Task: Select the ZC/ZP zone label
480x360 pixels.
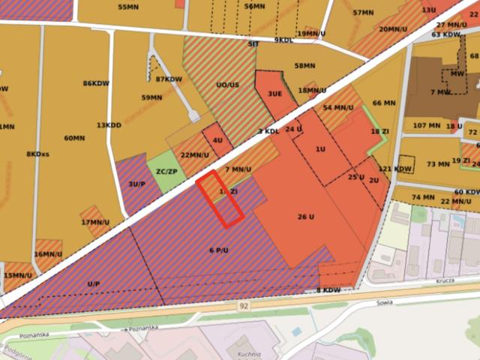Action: [x=166, y=171]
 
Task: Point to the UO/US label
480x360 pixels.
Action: [x=227, y=85]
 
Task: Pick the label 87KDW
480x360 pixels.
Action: [x=169, y=79]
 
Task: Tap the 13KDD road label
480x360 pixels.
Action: [x=109, y=125]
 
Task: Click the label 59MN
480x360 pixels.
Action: [x=151, y=97]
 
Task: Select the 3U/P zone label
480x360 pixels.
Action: [x=136, y=183]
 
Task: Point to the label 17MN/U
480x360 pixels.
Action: [x=95, y=222]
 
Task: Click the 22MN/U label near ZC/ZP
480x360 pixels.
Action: [x=195, y=155]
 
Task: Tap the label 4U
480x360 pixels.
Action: [x=217, y=140]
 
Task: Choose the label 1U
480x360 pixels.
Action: [x=320, y=149]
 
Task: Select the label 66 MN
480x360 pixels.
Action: [x=384, y=103]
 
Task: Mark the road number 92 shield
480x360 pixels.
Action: [x=244, y=306]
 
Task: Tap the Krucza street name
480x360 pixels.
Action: [x=446, y=282]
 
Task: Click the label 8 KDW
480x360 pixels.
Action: [x=328, y=290]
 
